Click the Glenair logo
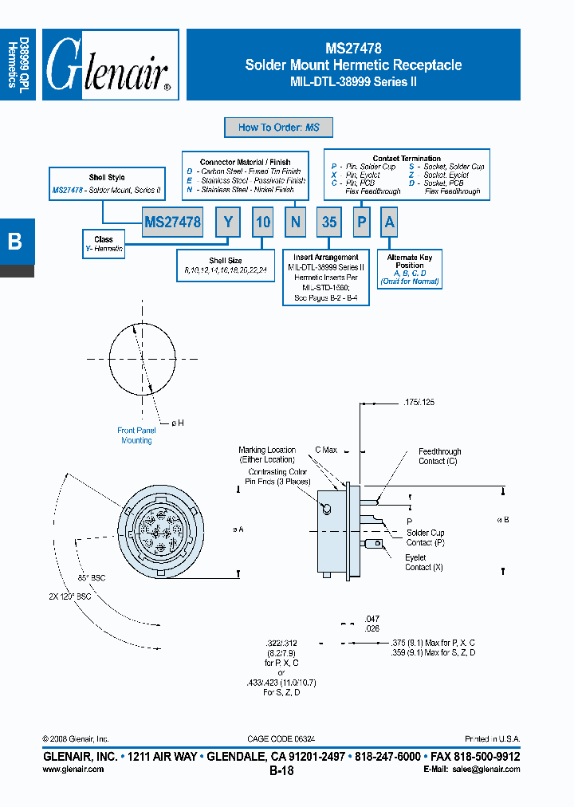point(109,65)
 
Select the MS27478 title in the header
point(353,49)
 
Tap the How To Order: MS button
point(279,128)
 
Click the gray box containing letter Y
point(228,222)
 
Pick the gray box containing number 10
point(263,222)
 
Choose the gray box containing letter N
point(295,222)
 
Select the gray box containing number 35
point(329,222)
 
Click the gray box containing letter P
point(361,222)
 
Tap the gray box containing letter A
point(389,222)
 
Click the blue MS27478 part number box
point(173,222)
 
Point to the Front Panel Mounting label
point(136,435)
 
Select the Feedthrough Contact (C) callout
point(439,456)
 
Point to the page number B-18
point(281,771)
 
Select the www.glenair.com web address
point(73,770)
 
